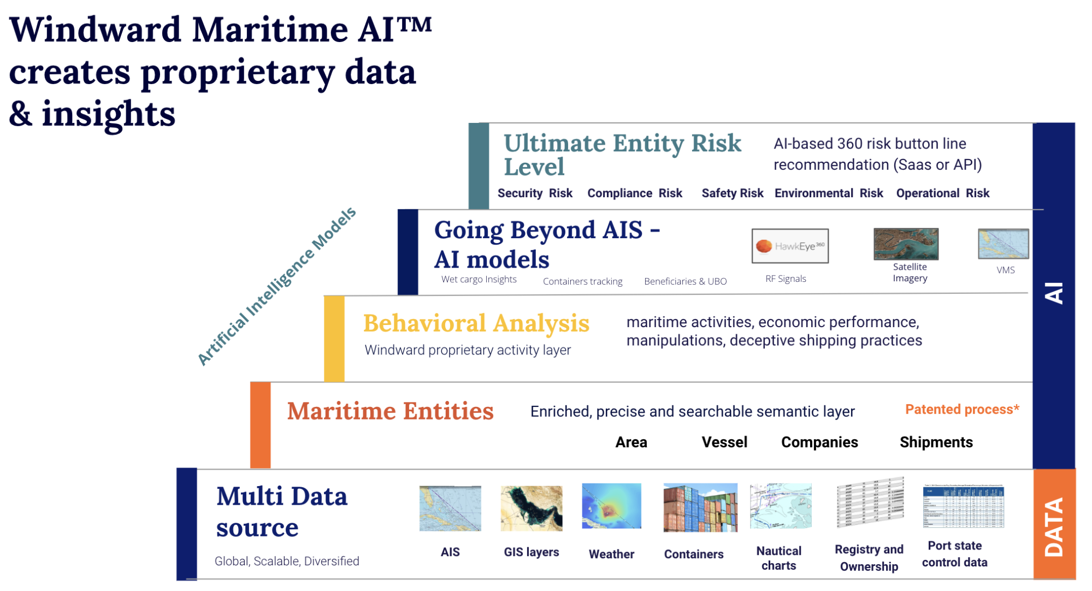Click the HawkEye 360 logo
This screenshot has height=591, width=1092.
click(790, 246)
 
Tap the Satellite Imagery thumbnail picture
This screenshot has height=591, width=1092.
click(906, 244)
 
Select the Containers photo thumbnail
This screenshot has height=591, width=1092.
click(700, 507)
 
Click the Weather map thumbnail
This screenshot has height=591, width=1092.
click(611, 506)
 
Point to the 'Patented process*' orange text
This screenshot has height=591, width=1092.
click(962, 409)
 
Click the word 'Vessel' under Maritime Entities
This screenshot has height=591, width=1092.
click(724, 442)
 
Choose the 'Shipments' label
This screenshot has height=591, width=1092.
click(936, 442)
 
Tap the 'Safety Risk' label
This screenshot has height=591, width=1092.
click(732, 193)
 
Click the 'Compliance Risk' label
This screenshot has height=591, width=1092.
click(635, 193)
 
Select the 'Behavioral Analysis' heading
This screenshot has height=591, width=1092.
click(476, 323)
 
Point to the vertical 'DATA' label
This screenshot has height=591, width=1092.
click(1054, 527)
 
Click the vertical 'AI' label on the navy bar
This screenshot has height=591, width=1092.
click(1054, 293)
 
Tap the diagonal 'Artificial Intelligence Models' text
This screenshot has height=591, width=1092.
click(276, 286)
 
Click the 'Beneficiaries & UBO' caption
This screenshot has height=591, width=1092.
click(685, 281)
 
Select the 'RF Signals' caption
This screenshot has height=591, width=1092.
click(786, 279)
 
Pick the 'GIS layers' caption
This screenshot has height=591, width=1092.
click(531, 552)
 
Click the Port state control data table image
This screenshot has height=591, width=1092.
click(964, 506)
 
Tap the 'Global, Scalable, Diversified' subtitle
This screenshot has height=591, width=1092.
click(287, 561)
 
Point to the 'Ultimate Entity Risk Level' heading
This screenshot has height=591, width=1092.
click(622, 155)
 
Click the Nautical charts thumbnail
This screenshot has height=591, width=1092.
click(781, 506)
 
